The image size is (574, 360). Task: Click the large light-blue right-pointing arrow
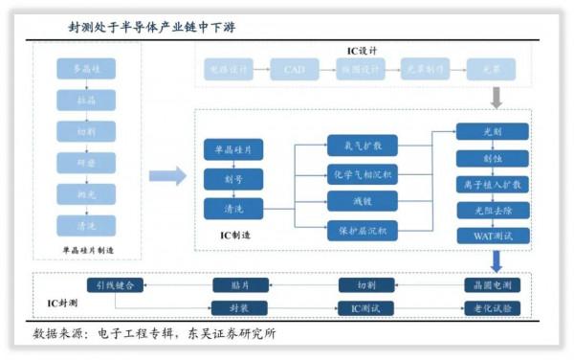167,176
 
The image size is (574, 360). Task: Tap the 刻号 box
232,178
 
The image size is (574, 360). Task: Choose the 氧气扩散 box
356,146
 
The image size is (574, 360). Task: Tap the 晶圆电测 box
493,284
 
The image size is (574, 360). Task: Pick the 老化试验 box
493,308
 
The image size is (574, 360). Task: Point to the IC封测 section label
62,304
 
